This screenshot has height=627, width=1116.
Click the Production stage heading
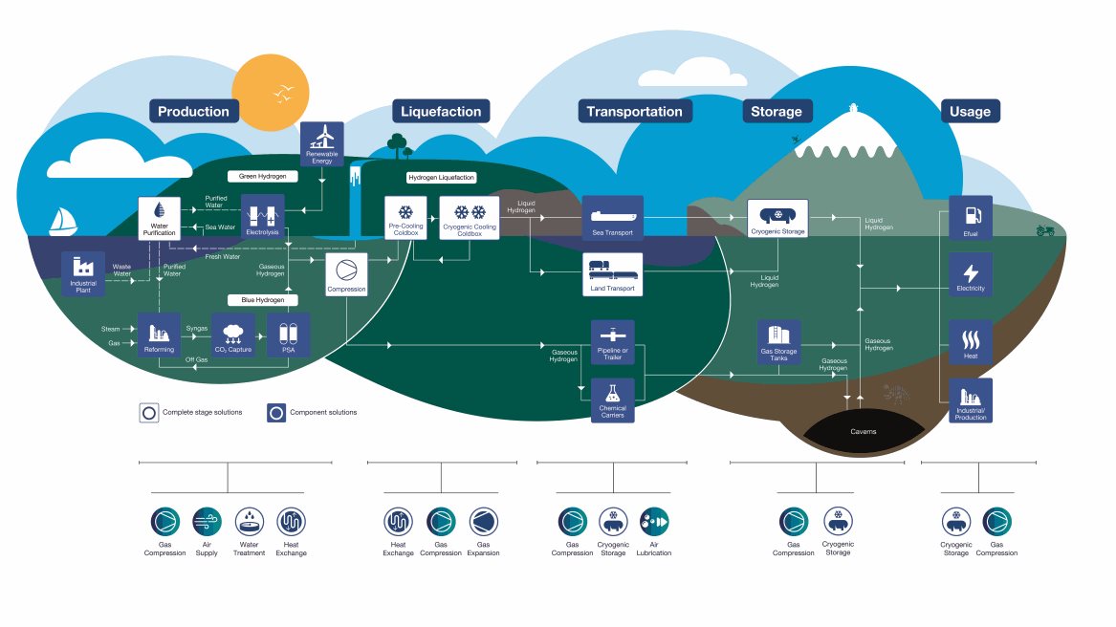(x=193, y=111)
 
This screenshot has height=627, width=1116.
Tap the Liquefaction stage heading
(x=441, y=111)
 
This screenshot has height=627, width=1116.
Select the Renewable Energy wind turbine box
(x=321, y=143)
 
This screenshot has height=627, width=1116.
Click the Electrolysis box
(x=262, y=216)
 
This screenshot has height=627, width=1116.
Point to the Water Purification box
(x=159, y=219)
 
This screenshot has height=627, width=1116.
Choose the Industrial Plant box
(x=82, y=273)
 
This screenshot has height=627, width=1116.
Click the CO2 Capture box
(x=232, y=335)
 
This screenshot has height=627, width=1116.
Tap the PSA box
(x=288, y=335)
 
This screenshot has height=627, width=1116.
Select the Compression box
(x=346, y=274)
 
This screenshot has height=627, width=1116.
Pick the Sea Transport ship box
(x=612, y=217)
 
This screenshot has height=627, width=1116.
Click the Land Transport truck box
(x=612, y=274)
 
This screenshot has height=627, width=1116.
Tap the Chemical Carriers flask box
(x=612, y=400)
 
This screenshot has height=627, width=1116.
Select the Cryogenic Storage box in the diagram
(x=777, y=219)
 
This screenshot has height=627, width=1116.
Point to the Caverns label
(x=863, y=431)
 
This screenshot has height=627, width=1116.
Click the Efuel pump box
(x=970, y=218)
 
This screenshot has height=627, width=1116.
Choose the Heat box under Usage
(x=970, y=342)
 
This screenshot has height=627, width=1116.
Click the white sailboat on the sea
(x=62, y=221)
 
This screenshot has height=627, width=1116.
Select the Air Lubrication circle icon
(x=654, y=522)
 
